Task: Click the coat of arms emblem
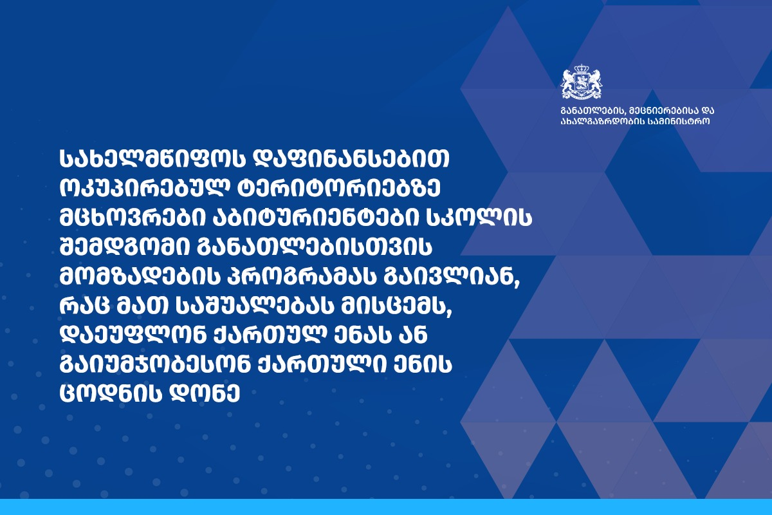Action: (582, 82)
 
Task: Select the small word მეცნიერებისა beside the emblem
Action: (663, 111)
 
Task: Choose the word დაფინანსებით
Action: (351, 160)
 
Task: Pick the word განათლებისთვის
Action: (315, 248)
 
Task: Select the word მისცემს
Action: (394, 308)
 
